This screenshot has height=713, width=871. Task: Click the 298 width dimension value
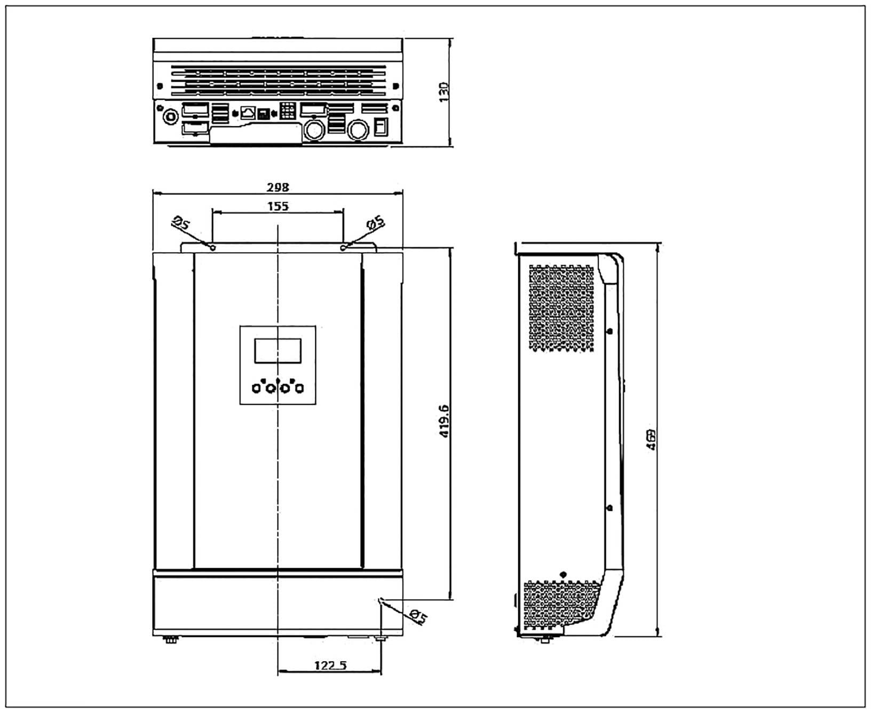(x=278, y=187)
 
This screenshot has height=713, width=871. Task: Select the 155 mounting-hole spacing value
(x=278, y=206)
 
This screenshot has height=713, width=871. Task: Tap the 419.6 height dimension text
(x=445, y=422)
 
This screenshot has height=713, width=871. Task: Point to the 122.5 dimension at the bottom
(x=330, y=665)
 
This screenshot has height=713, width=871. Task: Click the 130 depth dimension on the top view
(x=444, y=92)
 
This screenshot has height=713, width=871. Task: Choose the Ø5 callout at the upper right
(x=376, y=223)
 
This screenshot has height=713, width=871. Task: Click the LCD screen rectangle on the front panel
(x=278, y=351)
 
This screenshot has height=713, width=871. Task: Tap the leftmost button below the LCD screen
(x=257, y=388)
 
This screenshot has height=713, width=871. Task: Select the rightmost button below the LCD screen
(x=299, y=388)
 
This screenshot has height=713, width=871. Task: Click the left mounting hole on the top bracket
(x=213, y=248)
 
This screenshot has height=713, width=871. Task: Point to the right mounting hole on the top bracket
(x=343, y=248)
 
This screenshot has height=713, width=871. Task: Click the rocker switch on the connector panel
(x=380, y=127)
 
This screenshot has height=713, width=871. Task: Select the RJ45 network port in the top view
(x=248, y=113)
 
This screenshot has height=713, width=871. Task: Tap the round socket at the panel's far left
(x=170, y=116)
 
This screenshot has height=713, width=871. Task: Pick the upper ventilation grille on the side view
(x=561, y=308)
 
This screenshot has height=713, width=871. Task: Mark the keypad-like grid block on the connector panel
(x=288, y=111)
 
